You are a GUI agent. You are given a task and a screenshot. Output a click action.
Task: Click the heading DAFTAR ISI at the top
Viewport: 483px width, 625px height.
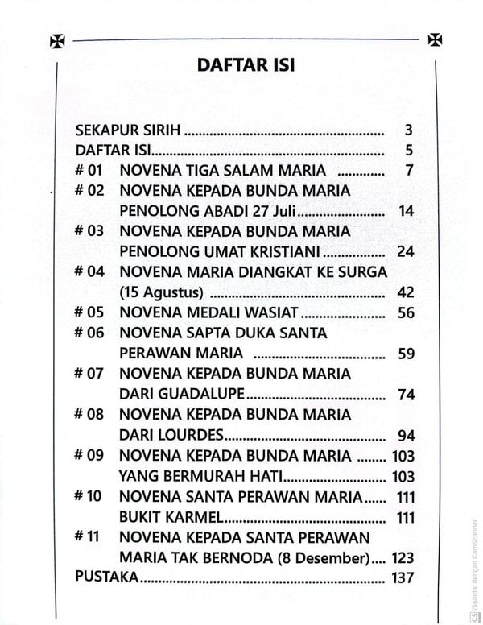(246, 65)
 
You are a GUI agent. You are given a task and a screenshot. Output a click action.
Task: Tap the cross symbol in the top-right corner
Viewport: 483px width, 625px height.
(435, 39)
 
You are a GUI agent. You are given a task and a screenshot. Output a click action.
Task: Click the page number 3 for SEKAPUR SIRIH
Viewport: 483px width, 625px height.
(409, 130)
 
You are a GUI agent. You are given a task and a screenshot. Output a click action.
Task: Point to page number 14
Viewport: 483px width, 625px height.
(406, 211)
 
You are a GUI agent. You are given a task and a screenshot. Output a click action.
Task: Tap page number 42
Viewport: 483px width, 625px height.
(406, 292)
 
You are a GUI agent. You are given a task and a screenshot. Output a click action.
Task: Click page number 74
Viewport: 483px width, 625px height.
(406, 394)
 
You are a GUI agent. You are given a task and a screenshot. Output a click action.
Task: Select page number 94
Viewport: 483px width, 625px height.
(406, 435)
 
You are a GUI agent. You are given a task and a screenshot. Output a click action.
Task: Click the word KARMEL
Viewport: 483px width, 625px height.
(188, 516)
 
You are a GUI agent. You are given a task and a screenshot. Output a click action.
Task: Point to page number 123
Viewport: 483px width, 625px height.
(402, 557)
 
